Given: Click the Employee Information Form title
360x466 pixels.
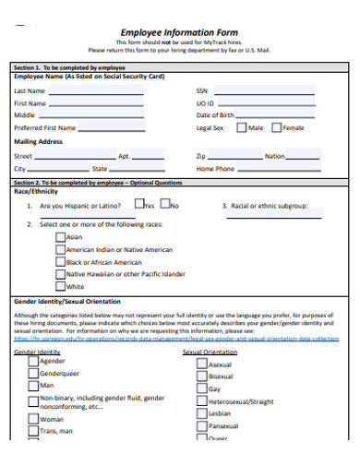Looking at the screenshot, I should coord(179,32).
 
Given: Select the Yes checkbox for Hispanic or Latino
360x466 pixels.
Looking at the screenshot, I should coord(138,205).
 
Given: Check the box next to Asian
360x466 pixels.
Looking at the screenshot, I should coord(60,236).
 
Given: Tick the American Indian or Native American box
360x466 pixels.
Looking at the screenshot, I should coord(60,249).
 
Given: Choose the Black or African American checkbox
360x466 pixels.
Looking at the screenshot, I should coord(60,261).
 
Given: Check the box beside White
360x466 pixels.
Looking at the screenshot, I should coord(60,286).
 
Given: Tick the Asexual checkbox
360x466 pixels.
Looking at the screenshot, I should coord(202,364).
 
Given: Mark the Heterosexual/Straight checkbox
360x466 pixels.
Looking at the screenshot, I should coord(202,401).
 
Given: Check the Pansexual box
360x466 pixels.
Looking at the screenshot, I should coord(202,426).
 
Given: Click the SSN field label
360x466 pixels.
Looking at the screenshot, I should coord(202,91).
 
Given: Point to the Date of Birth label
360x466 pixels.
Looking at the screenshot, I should coord(215,115).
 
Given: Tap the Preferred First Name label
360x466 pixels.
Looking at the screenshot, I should coord(45,128).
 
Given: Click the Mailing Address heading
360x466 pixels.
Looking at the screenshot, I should coord(39,142).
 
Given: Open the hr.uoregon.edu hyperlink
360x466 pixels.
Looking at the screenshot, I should coord(175,339).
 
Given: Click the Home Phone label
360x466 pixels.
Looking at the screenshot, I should coord(216,170).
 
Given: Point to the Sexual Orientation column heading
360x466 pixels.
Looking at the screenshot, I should coord(210,352).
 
